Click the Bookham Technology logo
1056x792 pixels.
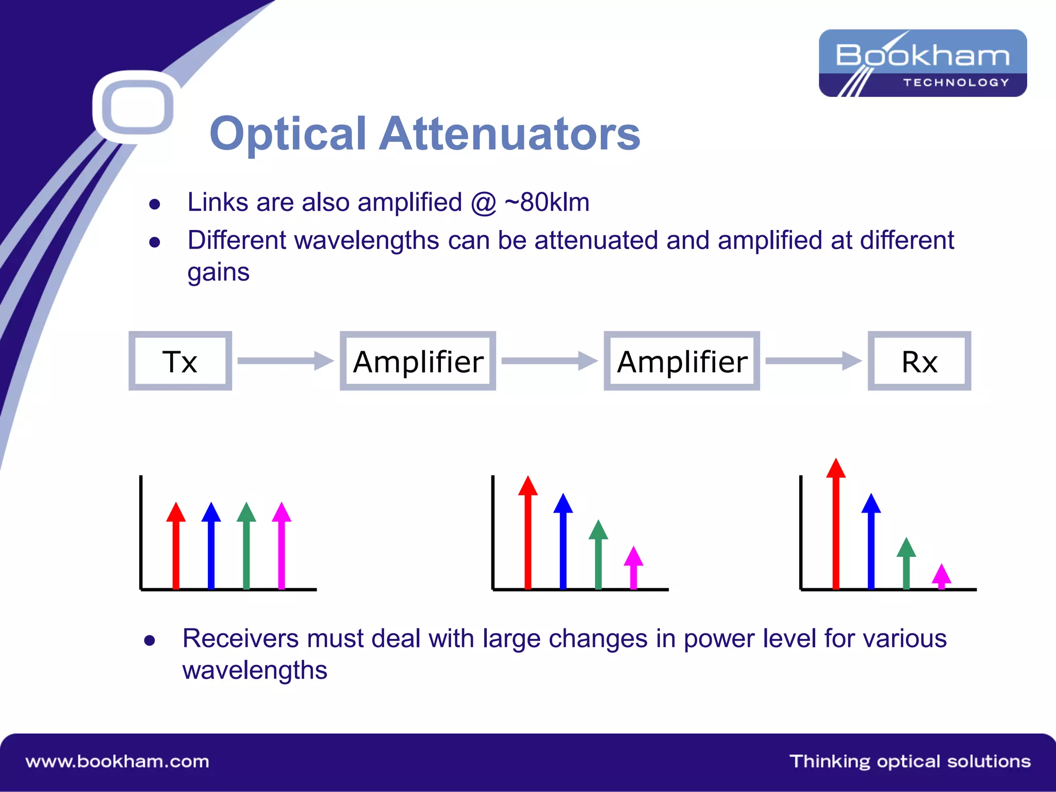[922, 63]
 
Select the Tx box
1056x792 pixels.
[180, 361]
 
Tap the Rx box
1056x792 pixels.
[919, 361]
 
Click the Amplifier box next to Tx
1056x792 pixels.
[418, 361]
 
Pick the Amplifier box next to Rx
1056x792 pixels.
[682, 361]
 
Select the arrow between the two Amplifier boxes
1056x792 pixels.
[549, 361]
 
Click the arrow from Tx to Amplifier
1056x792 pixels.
[285, 361]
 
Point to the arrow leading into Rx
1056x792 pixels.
[813, 361]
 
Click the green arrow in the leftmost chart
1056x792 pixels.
[246, 547]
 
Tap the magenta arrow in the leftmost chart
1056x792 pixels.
[282, 547]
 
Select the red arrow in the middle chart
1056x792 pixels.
[527, 534]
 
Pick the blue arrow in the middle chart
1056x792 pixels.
[563, 541]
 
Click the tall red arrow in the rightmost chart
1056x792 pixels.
[836, 526]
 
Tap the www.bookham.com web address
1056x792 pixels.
[117, 762]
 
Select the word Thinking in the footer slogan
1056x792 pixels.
[830, 762]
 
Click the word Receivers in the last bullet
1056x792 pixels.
[240, 638]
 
